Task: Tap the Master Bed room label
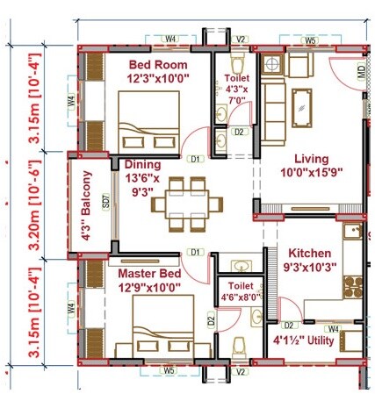pyautogui.click(x=150, y=274)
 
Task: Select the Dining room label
pyautogui.click(x=142, y=163)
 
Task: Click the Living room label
pyautogui.click(x=311, y=158)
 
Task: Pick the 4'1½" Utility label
pyautogui.click(x=305, y=340)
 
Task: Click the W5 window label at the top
pyautogui.click(x=310, y=40)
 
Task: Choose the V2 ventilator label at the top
pyautogui.click(x=241, y=39)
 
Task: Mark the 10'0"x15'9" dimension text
pyautogui.click(x=311, y=173)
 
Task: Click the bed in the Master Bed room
pyautogui.click(x=159, y=326)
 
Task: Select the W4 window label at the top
pyautogui.click(x=171, y=39)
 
